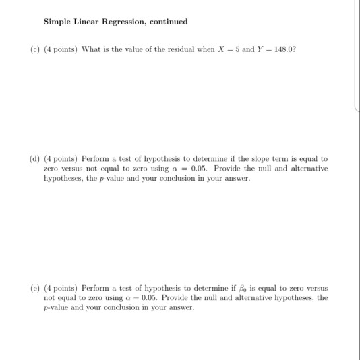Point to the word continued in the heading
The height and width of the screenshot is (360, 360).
[169, 22]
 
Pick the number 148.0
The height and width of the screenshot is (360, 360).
[279, 50]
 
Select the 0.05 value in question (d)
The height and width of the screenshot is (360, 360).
[202, 169]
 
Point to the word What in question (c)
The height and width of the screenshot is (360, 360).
[92, 50]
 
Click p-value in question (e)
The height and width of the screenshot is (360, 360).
[57, 307]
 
